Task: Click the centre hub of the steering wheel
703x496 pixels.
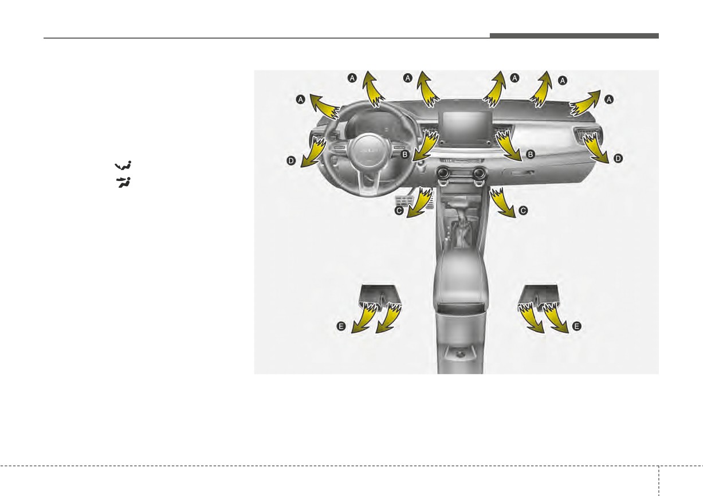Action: (366, 152)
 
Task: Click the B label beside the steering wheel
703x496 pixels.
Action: (405, 154)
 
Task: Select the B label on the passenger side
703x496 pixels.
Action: (530, 154)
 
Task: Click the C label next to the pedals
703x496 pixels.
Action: (399, 211)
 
